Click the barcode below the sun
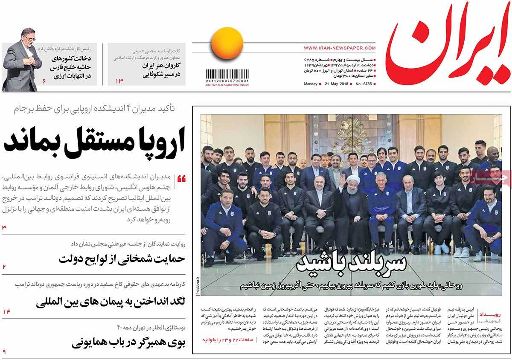227,75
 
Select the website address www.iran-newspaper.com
340,48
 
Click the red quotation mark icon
181,178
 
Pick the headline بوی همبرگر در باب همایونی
128,343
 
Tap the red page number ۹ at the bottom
4,352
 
